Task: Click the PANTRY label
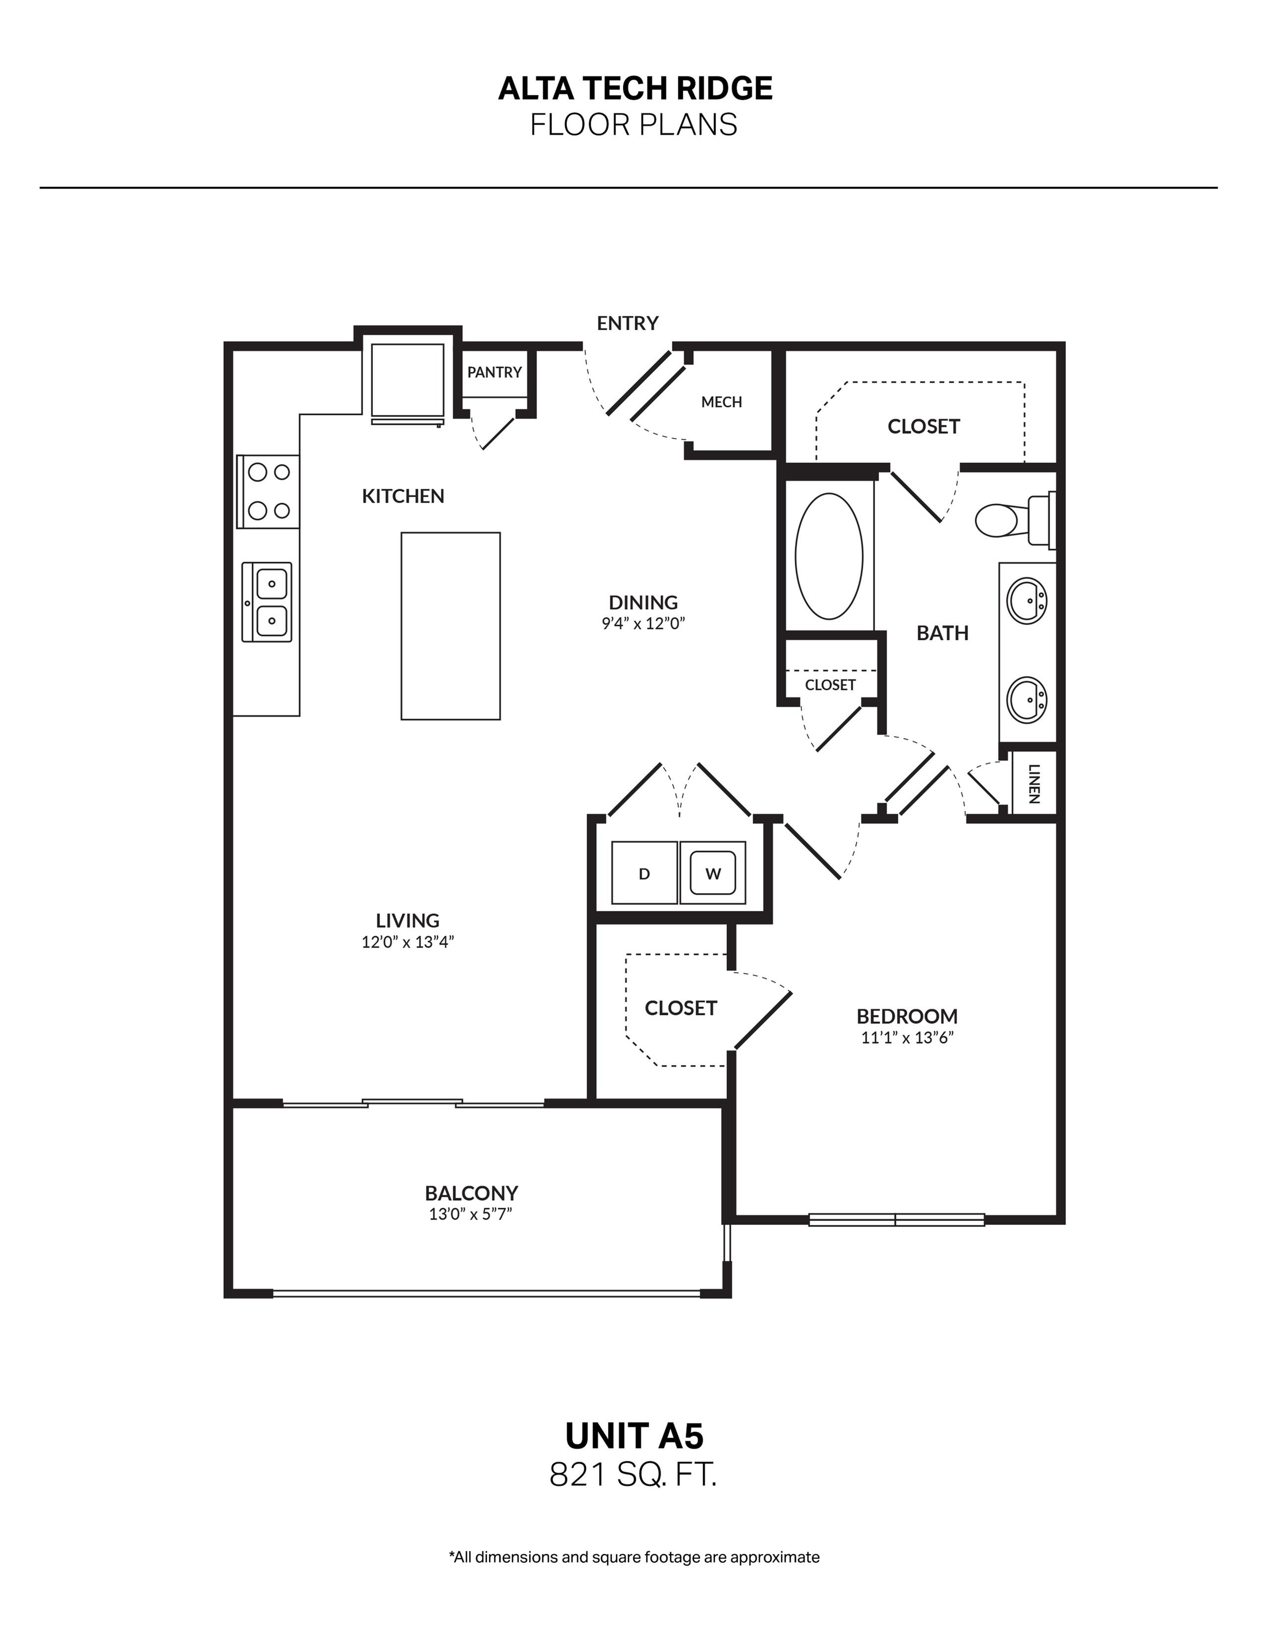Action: coord(494,372)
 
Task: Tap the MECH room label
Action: coord(721,402)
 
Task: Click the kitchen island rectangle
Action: coord(450,626)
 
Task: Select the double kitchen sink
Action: coord(267,602)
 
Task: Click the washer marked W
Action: coord(713,873)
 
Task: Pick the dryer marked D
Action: coord(644,873)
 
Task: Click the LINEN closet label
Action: coord(1034,783)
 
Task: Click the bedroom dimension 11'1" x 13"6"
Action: coord(907,1037)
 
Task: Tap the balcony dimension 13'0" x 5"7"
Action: coord(470,1213)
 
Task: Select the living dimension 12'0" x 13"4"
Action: coord(407,942)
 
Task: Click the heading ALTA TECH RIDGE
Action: coord(635,88)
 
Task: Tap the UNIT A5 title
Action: coord(634,1435)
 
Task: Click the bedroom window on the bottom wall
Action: coord(896,1219)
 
